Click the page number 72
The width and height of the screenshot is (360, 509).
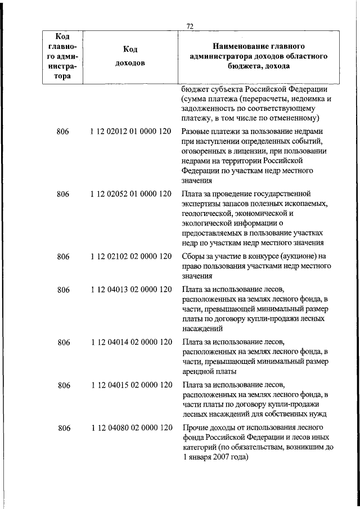[190, 26]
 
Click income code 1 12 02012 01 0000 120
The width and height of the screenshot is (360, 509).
[130, 131]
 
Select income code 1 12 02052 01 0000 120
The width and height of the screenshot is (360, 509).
[130, 194]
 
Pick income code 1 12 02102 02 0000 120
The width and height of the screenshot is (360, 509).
[130, 256]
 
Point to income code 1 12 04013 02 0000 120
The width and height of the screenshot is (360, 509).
[130, 290]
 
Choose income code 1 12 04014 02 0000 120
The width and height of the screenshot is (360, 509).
[130, 341]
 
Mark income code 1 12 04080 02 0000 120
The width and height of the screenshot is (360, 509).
[130, 428]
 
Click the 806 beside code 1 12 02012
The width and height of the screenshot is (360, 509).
[63, 131]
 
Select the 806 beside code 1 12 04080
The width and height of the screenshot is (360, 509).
[63, 428]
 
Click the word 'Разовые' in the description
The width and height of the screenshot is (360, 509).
[196, 131]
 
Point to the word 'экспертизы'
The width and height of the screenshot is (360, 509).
[201, 204]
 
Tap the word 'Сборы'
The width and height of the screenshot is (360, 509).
[193, 256]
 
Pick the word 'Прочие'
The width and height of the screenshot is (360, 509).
[195, 428]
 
